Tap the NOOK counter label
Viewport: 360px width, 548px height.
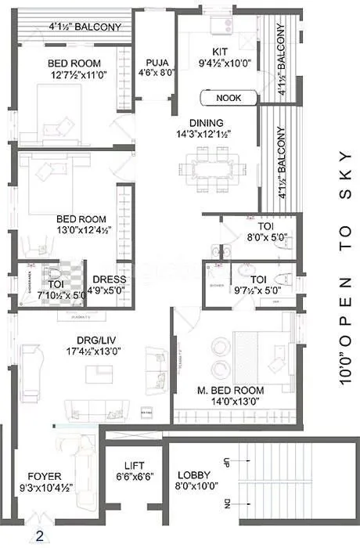pos(229,98)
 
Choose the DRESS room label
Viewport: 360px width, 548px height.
pos(109,279)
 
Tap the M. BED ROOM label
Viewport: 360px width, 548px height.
pos(231,389)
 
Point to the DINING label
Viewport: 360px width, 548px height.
pos(207,123)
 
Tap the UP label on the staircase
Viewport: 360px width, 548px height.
pos(228,462)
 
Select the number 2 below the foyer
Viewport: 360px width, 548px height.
pos(38,537)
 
